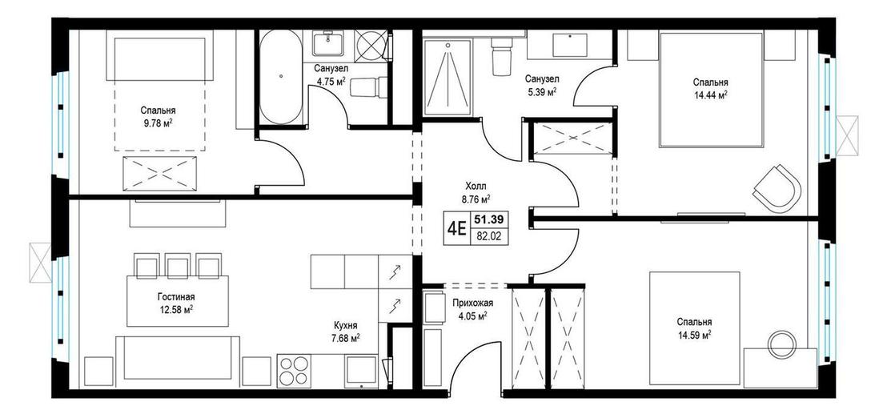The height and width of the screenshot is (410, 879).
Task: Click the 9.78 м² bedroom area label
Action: (x=157, y=122)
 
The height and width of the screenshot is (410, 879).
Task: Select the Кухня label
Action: (x=346, y=325)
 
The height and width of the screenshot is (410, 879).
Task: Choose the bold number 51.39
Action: (x=488, y=220)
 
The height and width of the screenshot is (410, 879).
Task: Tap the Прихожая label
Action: (x=472, y=303)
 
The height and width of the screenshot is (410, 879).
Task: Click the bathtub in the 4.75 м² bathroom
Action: (x=281, y=77)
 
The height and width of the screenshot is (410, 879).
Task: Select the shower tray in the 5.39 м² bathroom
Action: (x=446, y=77)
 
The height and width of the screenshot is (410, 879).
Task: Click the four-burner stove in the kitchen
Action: (x=293, y=371)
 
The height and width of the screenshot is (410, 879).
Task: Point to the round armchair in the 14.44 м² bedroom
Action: (x=777, y=187)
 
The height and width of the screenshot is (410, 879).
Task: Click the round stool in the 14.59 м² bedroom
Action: (x=782, y=344)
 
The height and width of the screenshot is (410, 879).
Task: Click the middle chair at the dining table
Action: (x=178, y=265)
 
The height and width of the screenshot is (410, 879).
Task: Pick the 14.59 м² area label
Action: (x=694, y=328)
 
